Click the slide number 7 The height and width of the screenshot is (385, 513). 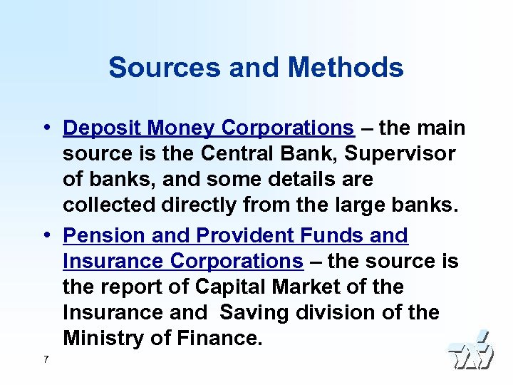tap(46, 359)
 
